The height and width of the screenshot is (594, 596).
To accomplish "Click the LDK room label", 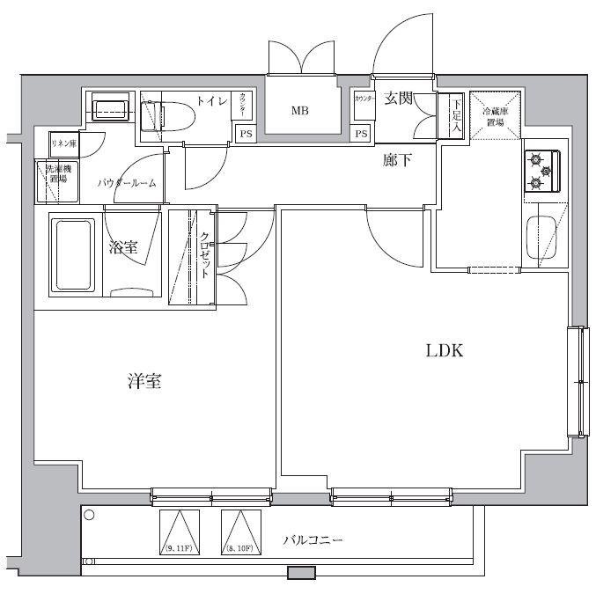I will [445, 351].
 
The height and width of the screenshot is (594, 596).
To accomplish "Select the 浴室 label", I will [123, 248].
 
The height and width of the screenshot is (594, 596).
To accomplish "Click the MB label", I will [300, 111].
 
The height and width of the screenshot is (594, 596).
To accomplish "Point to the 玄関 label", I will [398, 99].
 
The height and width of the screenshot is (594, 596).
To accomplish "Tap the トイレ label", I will [211, 102].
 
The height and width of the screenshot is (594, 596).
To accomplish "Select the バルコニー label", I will [313, 539].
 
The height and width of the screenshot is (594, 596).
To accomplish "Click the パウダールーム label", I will [127, 183].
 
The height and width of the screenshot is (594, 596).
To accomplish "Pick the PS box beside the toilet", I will [243, 134].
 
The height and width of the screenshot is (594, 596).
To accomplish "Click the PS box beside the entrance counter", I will [361, 134].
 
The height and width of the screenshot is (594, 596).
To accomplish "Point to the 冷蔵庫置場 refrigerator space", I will [492, 114].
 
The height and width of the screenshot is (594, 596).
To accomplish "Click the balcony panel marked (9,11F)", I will [179, 532].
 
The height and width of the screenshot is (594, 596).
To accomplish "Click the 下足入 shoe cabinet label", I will [456, 114].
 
